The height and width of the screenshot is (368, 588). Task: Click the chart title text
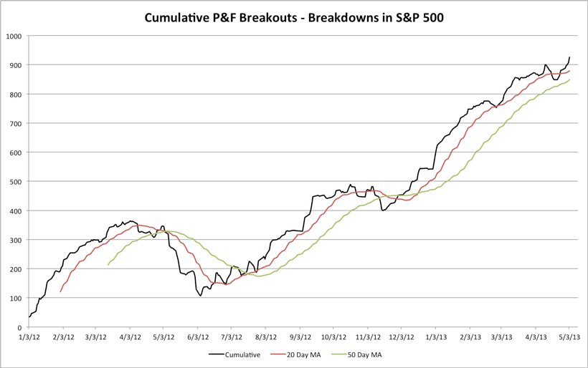click(293, 16)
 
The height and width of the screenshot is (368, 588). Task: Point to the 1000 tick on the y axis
click(14, 36)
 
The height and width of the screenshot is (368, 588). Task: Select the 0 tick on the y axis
click(20, 327)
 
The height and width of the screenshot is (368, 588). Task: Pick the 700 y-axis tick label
click(16, 123)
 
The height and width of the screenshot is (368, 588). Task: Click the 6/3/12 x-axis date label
click(198, 336)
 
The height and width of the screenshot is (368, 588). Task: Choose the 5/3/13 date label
click(569, 336)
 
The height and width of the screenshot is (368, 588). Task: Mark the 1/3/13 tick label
click(435, 336)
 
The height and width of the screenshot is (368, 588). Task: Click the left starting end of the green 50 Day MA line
click(108, 265)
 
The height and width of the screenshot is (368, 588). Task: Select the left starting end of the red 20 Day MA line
click(60, 291)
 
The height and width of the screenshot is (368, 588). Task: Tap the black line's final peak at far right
click(569, 57)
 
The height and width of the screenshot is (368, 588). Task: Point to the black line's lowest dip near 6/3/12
click(200, 295)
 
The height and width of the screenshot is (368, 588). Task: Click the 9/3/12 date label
click(300, 336)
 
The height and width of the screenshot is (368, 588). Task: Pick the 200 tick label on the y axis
click(16, 269)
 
